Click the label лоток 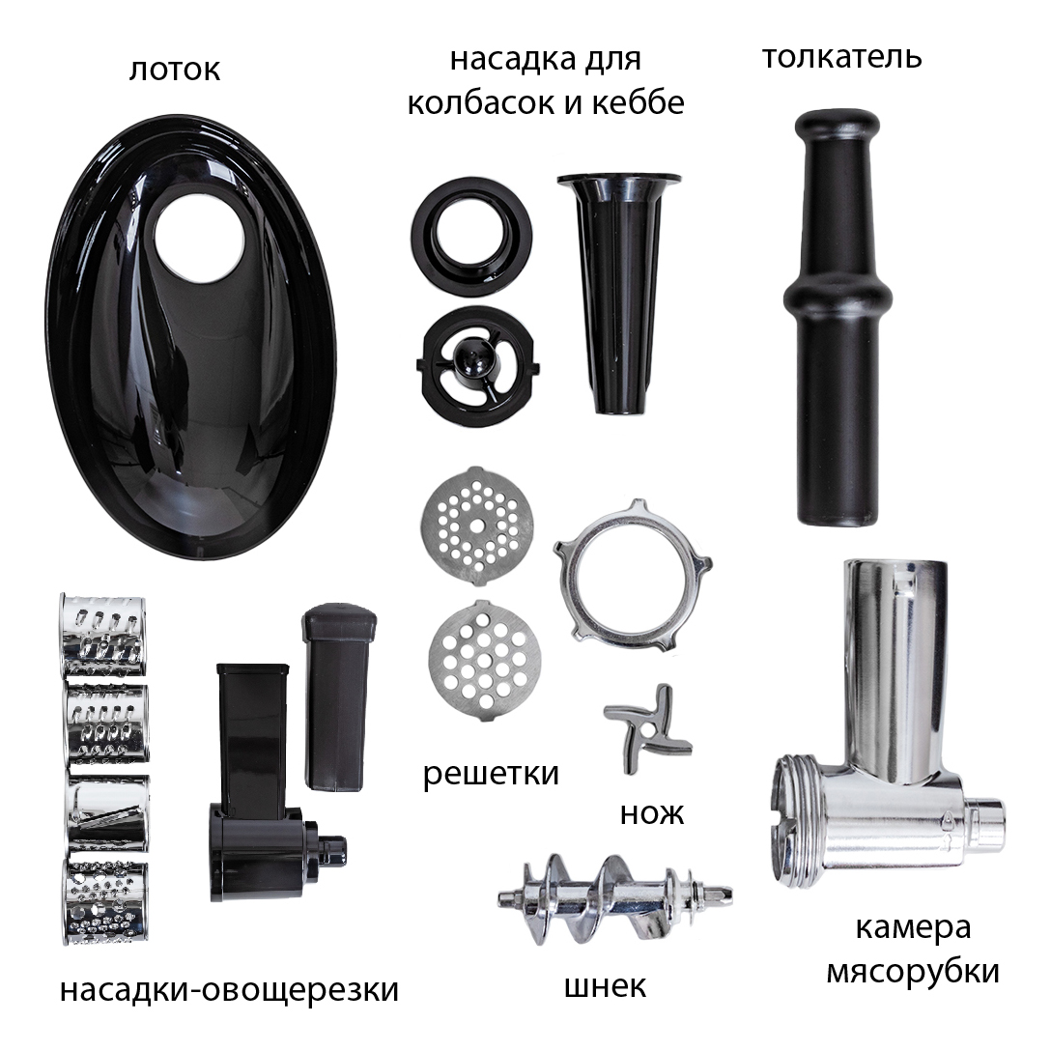point(174,70)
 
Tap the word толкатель point(842,57)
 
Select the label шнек point(606,986)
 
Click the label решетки point(491,774)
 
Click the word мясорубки point(913,972)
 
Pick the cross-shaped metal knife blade point(647,729)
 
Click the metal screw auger point(614,897)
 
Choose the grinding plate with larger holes point(484,661)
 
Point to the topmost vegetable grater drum point(103,635)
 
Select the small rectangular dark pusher point(339,697)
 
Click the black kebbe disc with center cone point(478,366)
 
